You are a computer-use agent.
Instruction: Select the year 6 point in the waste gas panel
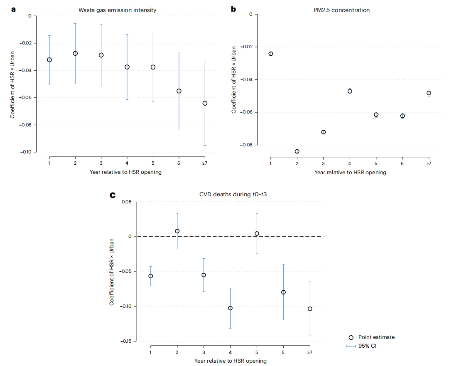[x=179, y=91]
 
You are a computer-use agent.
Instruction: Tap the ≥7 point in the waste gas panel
[x=205, y=103]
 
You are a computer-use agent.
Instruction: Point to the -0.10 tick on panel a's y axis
[x=26, y=152]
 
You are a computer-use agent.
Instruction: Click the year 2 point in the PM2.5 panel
[x=297, y=151]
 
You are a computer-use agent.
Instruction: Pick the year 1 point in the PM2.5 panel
[x=271, y=54]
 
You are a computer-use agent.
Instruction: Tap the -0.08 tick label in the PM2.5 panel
[x=246, y=145]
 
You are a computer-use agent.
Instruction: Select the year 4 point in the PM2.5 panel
[x=350, y=91]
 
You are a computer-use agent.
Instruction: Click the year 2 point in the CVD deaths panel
[x=177, y=231]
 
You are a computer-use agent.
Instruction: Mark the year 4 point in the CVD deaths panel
[x=230, y=308]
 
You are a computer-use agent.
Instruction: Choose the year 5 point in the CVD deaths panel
[x=257, y=234]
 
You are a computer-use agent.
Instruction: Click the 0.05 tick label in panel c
[x=126, y=202]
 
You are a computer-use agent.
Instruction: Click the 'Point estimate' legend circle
[x=351, y=337]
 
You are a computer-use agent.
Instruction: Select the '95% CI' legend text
[x=367, y=346]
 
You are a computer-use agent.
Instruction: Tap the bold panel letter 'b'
[x=233, y=9]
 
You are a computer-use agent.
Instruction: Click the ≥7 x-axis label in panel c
[x=310, y=352]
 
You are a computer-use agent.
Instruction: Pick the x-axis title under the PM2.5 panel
[x=350, y=172]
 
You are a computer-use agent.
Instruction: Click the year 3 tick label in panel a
[x=101, y=163]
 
